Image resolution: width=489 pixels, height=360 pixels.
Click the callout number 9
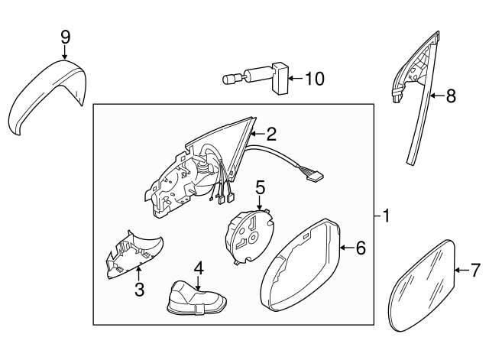(65, 36)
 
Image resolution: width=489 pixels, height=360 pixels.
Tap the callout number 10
(314, 78)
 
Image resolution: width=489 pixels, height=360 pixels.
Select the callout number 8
(450, 96)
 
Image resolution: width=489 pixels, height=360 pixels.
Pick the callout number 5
(260, 186)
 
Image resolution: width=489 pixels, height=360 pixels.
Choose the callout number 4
(199, 268)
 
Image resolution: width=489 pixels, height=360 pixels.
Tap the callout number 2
(270, 132)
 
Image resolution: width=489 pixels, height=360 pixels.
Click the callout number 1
(387, 216)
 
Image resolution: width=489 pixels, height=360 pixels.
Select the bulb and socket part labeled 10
(256, 79)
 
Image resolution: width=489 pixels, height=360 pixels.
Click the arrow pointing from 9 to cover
(65, 53)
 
